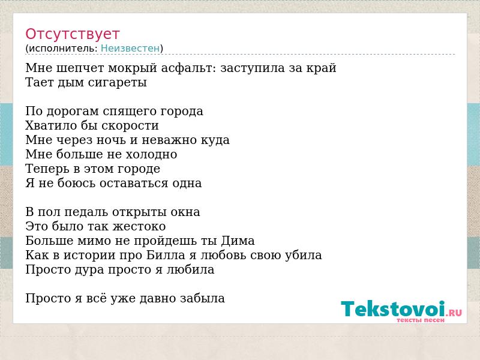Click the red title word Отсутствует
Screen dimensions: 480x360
point(72,34)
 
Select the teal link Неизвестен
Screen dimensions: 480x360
point(130,49)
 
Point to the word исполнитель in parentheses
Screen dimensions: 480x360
point(63,49)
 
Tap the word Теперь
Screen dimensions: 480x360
point(47,169)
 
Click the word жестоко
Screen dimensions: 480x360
point(139,227)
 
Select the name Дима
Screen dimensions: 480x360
point(238,241)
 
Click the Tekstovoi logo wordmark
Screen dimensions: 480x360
point(393,308)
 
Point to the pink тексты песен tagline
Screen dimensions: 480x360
point(421,320)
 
